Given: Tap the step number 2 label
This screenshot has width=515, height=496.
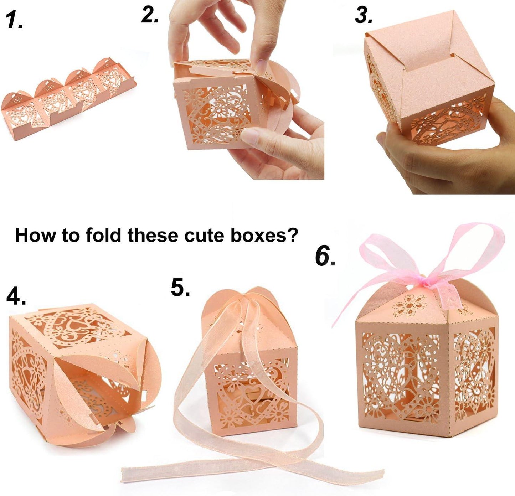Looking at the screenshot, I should (x=150, y=15).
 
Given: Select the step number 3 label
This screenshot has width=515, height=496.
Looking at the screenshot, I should (x=364, y=16).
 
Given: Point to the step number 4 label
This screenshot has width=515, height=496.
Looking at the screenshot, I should (x=16, y=296).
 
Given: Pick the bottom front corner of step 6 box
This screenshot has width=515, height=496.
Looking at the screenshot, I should (x=450, y=435).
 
